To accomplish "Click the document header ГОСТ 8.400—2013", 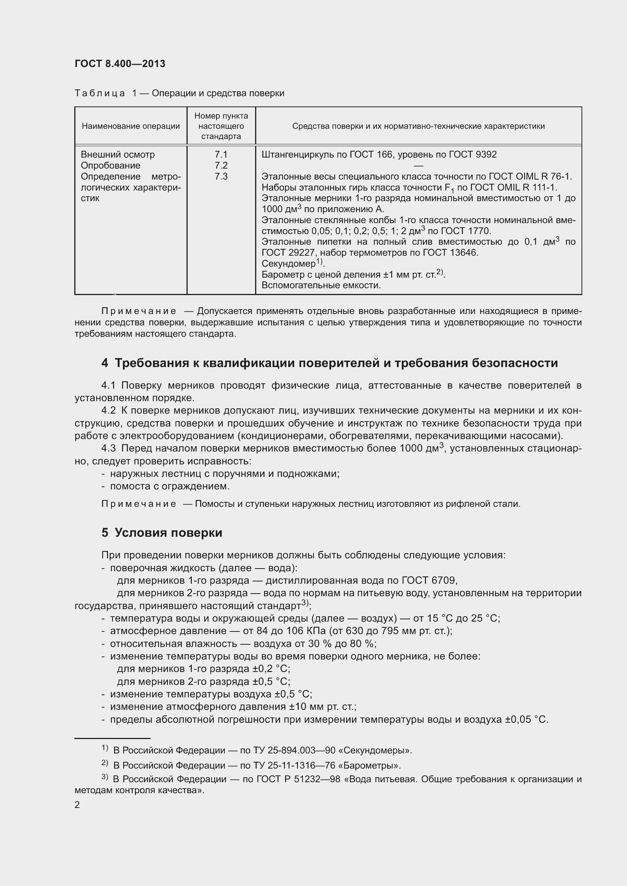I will [x=120, y=64].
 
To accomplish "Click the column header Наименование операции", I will [x=130, y=126].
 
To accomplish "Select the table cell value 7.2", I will [x=221, y=166].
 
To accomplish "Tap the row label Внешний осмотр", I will [x=118, y=154].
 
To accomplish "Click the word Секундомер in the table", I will [x=288, y=264].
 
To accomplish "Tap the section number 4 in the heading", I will [x=105, y=363].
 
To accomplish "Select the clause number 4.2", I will [x=108, y=411].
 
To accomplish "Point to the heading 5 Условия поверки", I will [x=162, y=533].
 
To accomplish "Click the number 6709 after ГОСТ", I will [x=444, y=580].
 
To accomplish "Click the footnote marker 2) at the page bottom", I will [x=105, y=763].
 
